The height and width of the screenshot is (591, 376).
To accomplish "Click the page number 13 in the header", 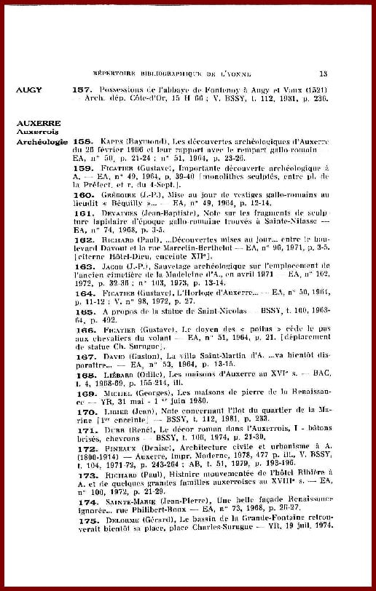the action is tap(324, 74).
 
